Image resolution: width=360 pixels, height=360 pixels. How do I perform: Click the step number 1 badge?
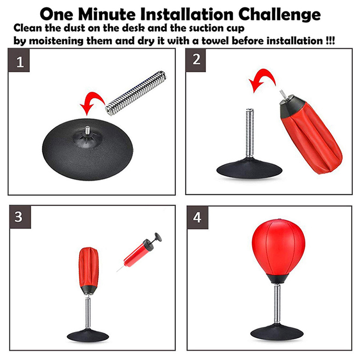19,60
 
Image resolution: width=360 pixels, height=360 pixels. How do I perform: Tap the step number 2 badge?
196,60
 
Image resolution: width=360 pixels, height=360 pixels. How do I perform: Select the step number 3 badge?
20,217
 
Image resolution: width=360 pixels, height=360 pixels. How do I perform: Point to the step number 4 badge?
198,217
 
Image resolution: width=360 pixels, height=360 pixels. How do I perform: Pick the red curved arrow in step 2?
264,74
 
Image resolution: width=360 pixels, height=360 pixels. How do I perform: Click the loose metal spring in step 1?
136,93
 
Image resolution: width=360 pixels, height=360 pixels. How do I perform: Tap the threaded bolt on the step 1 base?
87,130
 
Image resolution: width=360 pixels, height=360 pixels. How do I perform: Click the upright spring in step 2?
250,133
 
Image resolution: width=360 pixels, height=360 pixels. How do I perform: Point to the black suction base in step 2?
249,168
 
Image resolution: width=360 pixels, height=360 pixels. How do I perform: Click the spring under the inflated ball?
278,304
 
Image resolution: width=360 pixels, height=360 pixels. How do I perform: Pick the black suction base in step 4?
277,332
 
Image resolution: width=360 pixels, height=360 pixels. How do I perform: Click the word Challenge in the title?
279,14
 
